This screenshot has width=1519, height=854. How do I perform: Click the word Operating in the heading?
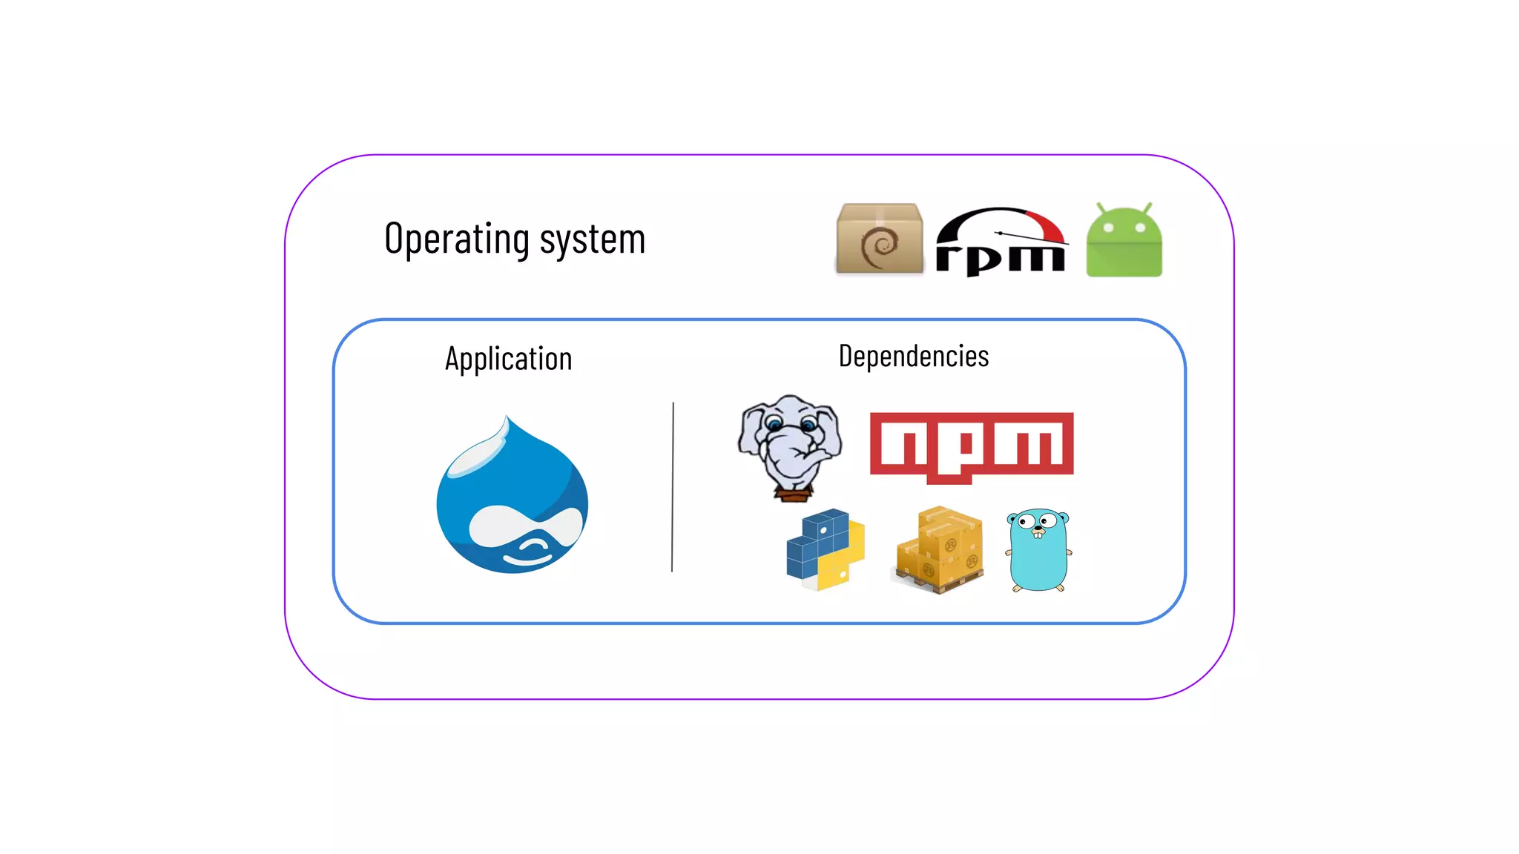click(x=457, y=239)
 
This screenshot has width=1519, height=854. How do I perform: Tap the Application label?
click(x=508, y=359)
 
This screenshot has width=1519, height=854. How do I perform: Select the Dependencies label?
click(x=913, y=357)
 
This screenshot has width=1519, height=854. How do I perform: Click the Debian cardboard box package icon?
click(x=880, y=239)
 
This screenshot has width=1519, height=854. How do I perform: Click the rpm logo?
click(x=1001, y=242)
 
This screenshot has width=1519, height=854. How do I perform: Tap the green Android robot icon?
click(x=1124, y=242)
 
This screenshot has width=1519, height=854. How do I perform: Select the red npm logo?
click(x=972, y=445)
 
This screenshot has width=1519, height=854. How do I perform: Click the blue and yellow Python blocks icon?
click(x=826, y=549)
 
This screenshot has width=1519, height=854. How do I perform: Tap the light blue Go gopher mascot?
click(x=1038, y=550)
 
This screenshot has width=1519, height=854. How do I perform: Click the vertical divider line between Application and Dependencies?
click(x=673, y=487)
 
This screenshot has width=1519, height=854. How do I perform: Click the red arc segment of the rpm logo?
click(x=1046, y=224)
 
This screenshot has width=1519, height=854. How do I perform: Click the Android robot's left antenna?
click(x=1101, y=208)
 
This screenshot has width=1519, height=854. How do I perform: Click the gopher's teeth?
click(x=1038, y=534)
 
